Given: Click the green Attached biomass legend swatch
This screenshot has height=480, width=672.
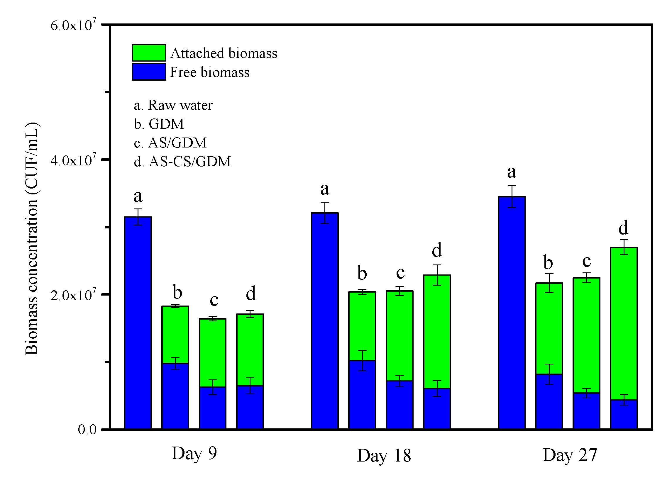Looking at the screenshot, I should coord(149,53).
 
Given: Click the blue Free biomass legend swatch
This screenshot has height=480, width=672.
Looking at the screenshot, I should coord(149,72).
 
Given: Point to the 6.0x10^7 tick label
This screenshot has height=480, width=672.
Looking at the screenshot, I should coord(73,25).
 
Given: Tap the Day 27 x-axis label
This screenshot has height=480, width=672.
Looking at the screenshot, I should coord(570,455).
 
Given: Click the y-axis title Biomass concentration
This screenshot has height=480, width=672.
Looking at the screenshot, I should coord(31,238).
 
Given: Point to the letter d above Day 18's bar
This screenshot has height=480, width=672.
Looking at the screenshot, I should coord(437,250).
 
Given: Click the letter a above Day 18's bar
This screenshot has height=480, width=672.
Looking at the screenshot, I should coord(325,189).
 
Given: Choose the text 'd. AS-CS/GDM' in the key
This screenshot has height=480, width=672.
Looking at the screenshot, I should coord(182,162).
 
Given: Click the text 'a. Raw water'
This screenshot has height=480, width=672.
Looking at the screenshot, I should coord(173,105).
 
